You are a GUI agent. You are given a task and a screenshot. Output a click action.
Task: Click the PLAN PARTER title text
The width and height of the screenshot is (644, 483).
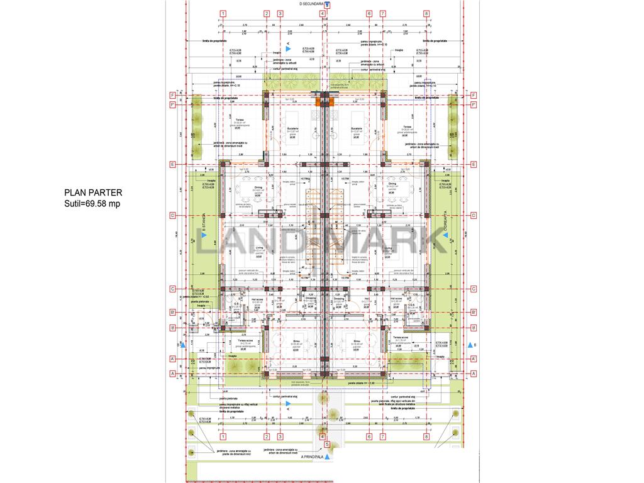93,193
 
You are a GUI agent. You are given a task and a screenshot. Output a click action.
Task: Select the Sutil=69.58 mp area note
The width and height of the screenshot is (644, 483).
92,204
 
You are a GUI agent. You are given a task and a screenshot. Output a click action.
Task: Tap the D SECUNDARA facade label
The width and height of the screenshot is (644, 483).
314,4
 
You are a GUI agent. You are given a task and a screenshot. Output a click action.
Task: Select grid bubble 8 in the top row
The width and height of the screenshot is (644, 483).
426,13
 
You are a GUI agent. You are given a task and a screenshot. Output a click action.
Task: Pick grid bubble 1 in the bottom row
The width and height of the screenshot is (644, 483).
223,436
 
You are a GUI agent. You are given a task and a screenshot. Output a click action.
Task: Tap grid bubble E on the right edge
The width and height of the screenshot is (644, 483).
472,165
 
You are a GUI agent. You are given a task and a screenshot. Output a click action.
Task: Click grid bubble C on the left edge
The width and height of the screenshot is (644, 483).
172,289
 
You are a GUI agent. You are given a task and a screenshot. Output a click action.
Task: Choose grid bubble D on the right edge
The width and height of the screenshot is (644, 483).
472,215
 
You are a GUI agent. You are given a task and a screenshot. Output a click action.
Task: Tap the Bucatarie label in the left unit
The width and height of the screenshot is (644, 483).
293,128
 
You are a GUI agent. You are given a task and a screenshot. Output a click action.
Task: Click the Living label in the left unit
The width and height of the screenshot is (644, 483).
258,248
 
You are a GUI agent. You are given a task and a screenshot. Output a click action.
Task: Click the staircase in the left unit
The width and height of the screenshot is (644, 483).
309,226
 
